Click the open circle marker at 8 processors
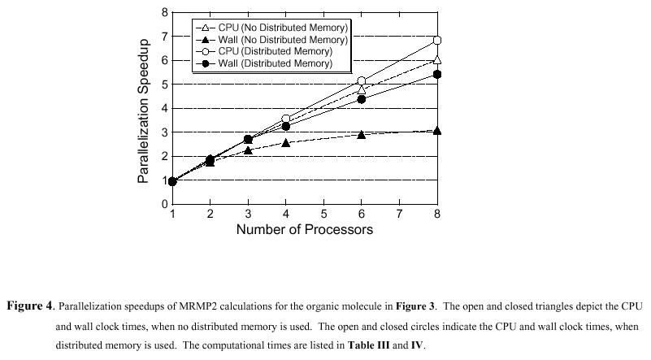(x=437, y=40)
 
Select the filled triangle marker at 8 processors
(x=437, y=130)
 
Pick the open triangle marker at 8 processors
(x=437, y=59)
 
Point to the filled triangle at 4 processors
(x=286, y=142)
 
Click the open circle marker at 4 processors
(x=286, y=119)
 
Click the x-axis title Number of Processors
(x=305, y=230)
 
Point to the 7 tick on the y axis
(x=164, y=37)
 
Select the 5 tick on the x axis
(x=324, y=214)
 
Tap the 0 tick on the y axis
(x=164, y=204)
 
